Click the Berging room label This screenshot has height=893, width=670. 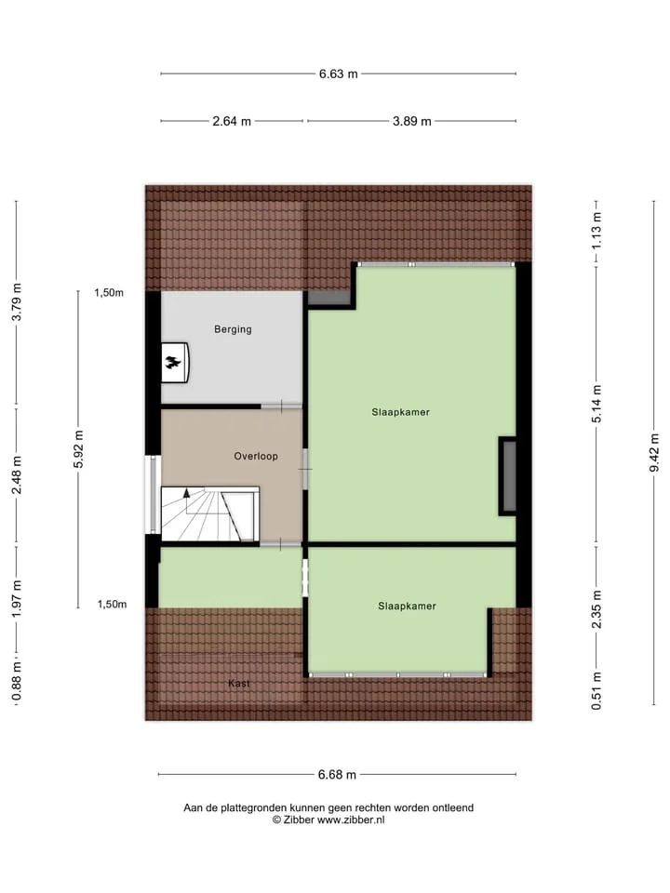click(233, 329)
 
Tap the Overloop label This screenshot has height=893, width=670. click(256, 456)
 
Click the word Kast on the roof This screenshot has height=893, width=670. click(239, 684)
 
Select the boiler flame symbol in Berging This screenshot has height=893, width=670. click(173, 362)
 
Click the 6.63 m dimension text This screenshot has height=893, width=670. click(339, 74)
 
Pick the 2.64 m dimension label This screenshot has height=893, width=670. click(232, 121)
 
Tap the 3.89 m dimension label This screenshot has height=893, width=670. click(412, 121)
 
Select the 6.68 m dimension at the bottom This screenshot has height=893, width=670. click(337, 775)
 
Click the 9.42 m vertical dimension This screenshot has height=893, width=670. click(654, 453)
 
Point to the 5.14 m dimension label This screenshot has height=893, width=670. click(596, 404)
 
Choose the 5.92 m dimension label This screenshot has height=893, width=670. click(78, 448)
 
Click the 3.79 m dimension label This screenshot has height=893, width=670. click(17, 301)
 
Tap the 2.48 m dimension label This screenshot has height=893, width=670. click(17, 475)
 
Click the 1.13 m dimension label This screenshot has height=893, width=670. click(596, 231)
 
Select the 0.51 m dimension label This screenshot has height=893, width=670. click(596, 691)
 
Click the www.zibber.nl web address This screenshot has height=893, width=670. click(351, 820)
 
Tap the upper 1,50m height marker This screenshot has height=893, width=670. click(109, 293)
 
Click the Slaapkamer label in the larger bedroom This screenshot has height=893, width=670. click(400, 412)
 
